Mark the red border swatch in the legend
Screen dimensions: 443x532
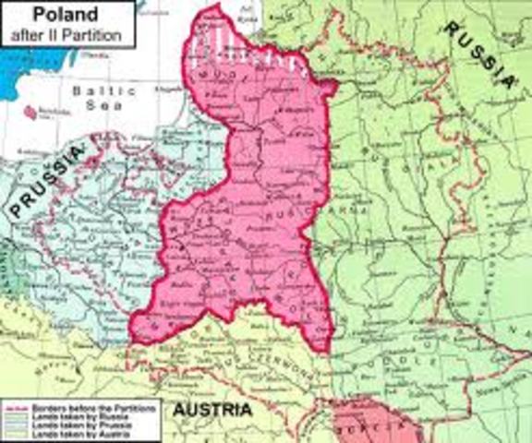point(13,405)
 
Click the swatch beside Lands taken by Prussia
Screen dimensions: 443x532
point(13,423)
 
